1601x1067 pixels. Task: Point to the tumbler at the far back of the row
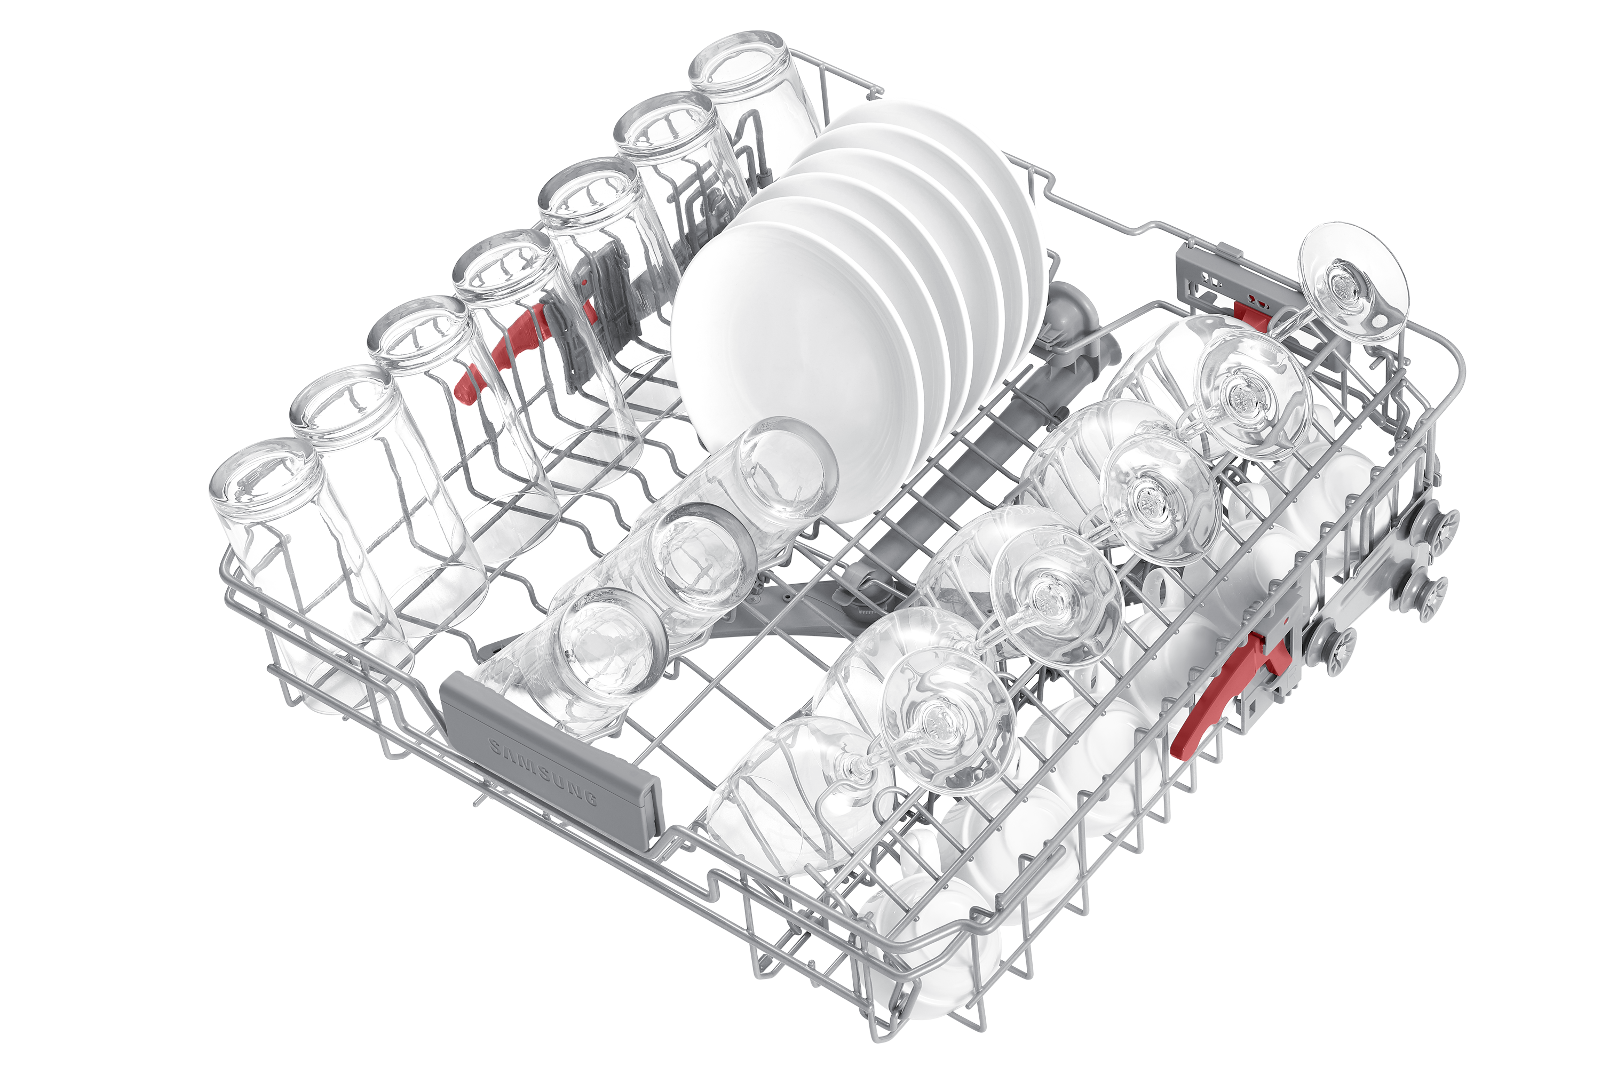point(756,102)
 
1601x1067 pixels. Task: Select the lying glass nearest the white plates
point(742,490)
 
